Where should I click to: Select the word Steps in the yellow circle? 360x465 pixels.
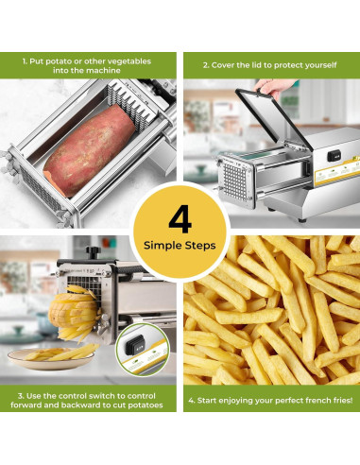pyautogui.click(x=200, y=245)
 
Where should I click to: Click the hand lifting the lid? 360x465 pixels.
pyautogui.click(x=272, y=86)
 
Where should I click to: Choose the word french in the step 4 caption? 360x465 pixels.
pyautogui.click(x=300, y=400)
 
